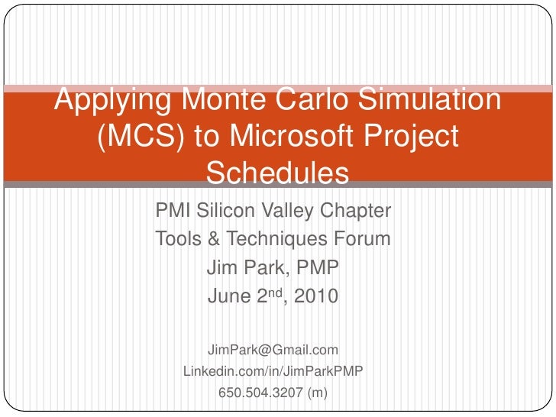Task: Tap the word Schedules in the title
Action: coord(277,174)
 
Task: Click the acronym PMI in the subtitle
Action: coord(172,211)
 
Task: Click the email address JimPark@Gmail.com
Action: coord(273,350)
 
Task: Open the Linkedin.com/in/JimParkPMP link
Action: coord(273,372)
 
